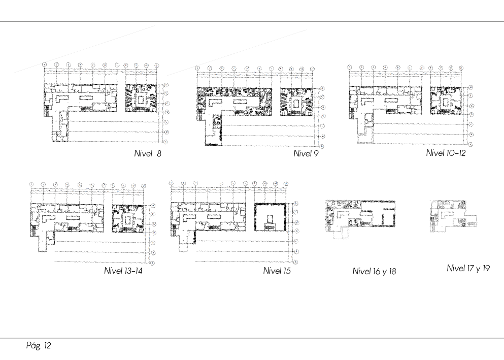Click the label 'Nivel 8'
point(148,154)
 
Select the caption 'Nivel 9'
point(306,154)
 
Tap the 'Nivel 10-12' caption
point(445,153)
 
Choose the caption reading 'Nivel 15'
point(277,271)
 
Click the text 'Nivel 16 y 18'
point(374,272)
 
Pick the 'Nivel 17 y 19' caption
point(468,268)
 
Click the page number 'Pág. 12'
point(39,346)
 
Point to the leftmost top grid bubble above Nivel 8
point(45,64)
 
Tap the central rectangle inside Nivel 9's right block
point(296,103)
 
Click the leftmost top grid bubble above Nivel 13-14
point(31,184)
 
